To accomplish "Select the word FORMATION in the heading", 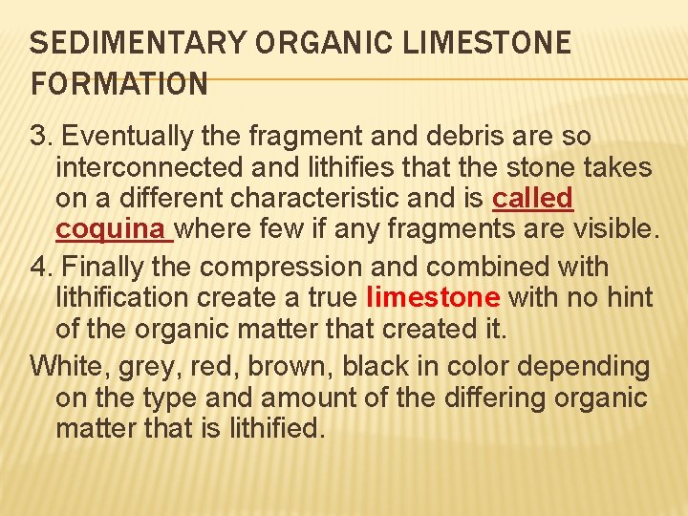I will click(119, 84).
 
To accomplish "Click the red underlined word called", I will click(532, 199).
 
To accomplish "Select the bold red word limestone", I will click(433, 298).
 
